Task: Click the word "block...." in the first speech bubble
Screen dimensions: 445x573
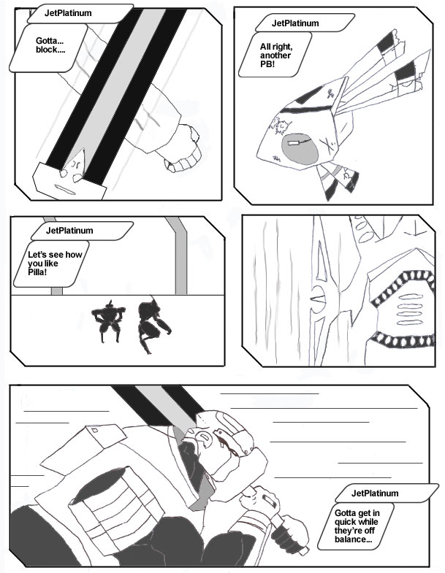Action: (50, 50)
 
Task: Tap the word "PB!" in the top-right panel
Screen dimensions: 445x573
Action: (267, 64)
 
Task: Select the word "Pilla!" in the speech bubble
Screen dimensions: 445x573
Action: (37, 272)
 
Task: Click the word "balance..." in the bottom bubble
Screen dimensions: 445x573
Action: (353, 539)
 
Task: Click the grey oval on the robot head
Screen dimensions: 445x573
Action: (300, 149)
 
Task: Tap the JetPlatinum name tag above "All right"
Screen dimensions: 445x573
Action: (305, 23)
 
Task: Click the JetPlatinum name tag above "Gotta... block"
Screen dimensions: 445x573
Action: (80, 14)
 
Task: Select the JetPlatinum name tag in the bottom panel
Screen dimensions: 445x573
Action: (387, 493)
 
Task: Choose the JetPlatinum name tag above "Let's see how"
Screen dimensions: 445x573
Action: (82, 231)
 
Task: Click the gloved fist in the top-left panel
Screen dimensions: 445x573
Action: (183, 149)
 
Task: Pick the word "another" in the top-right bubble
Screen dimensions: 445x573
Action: (275, 55)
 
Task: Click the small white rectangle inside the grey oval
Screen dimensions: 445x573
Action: (294, 142)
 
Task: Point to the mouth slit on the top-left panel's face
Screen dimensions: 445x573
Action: (65, 190)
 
